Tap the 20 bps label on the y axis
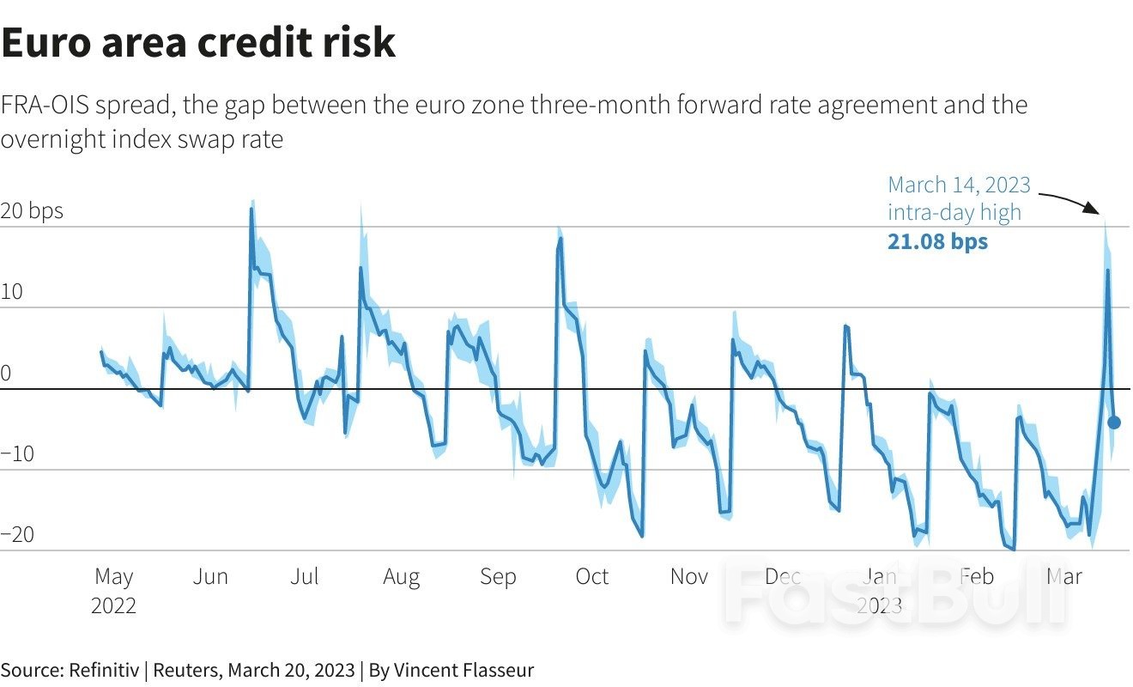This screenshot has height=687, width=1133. [x=33, y=210]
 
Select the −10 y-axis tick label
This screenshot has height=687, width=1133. [x=17, y=454]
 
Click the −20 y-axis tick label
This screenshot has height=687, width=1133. [x=17, y=535]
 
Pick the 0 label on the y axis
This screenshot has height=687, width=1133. [x=7, y=374]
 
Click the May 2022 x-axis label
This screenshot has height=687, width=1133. [x=113, y=590]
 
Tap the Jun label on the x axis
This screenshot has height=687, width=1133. [x=210, y=576]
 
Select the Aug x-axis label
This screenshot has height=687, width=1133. [x=401, y=576]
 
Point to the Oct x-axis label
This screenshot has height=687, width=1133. [x=591, y=576]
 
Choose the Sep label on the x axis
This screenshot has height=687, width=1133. [x=498, y=576]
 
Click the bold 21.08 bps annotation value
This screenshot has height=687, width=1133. [x=937, y=241]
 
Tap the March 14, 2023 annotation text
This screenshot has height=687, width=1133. [x=959, y=185]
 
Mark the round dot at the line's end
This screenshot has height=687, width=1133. [x=1114, y=422]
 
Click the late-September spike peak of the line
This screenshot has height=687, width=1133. [x=560, y=239]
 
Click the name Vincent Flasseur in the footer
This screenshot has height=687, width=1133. [x=463, y=670]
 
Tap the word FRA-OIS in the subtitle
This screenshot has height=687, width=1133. [x=45, y=106]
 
